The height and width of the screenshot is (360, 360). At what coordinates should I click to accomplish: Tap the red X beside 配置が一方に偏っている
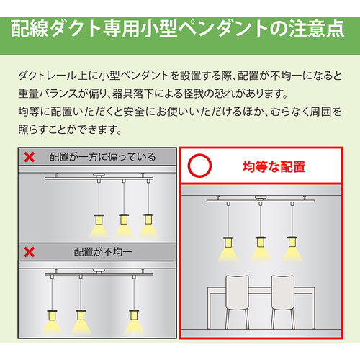tap(30, 157)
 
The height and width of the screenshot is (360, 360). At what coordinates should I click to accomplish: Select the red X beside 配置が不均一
tap(30, 252)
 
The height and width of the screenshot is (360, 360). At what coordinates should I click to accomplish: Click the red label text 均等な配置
tap(274, 166)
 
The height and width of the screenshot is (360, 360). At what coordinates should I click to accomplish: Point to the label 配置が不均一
tap(103, 252)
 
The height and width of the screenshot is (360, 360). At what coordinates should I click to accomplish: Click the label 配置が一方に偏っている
tap(102, 157)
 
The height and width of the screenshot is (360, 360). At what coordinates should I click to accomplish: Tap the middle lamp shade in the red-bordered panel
tap(261, 242)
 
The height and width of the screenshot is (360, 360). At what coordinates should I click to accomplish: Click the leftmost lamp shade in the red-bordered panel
tap(228, 242)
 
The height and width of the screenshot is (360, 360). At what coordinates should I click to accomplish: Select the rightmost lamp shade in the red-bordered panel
tap(292, 242)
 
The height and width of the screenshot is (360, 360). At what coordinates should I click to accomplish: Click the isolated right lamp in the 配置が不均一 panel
tap(134, 315)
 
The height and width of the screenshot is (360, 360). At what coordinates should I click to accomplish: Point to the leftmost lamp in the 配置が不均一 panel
tap(52, 315)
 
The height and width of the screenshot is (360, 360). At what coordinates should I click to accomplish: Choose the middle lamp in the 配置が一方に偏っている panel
tap(124, 219)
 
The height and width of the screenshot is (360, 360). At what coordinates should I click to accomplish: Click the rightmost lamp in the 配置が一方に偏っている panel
tap(148, 219)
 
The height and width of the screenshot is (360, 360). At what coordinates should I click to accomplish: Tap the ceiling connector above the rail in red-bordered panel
tap(261, 197)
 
